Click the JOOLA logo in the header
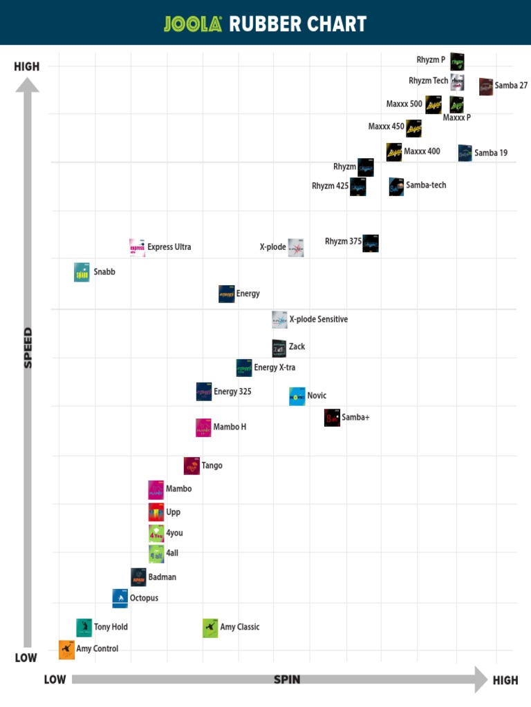[193, 24]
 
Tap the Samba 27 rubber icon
[486, 86]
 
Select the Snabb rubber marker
[82, 273]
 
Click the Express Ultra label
[169, 247]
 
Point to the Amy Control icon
[66, 649]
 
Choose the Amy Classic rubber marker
[210, 628]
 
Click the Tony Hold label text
[111, 628]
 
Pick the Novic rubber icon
[297, 396]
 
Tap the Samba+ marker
[333, 418]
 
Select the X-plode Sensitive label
[318, 320]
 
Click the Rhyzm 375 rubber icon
[371, 243]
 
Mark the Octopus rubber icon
[120, 599]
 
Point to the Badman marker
[138, 577]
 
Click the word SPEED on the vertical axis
[28, 347]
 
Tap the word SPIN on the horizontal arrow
[287, 679]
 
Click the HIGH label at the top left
[27, 67]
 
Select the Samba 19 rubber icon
[465, 153]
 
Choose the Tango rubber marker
[192, 466]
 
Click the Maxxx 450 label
[386, 127]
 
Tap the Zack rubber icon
[279, 348]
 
